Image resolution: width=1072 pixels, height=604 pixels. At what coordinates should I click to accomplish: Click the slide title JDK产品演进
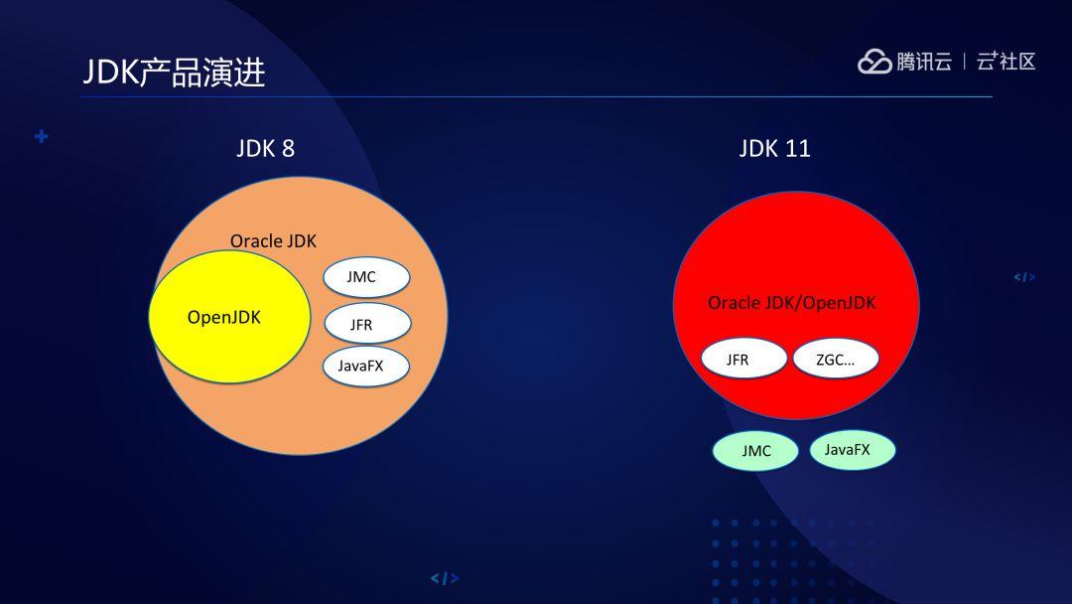tap(174, 72)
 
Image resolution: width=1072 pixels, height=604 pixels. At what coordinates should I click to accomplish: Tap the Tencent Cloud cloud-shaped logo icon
tap(874, 62)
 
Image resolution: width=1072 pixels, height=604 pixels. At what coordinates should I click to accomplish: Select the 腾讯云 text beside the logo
tap(924, 62)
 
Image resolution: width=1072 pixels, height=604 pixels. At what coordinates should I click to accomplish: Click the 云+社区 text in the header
tap(1005, 62)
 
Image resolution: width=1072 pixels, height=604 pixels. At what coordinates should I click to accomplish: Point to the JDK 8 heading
tap(265, 149)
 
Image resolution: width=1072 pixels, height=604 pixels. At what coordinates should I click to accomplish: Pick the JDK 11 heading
tap(774, 149)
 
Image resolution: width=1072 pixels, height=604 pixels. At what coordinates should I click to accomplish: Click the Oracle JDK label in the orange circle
tap(273, 240)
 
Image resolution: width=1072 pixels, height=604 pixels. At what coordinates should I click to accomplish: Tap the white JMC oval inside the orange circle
tap(366, 277)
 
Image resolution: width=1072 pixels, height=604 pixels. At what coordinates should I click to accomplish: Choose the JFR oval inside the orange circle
tap(366, 324)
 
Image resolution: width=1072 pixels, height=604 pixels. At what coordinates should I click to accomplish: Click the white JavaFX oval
tap(366, 366)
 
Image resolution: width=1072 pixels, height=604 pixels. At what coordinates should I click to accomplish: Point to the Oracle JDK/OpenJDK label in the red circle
tap(792, 303)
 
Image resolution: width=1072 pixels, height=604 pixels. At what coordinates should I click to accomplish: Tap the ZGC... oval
tap(836, 360)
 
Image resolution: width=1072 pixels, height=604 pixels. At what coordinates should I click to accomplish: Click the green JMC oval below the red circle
tap(755, 451)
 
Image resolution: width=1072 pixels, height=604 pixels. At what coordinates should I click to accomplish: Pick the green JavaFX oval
tap(852, 450)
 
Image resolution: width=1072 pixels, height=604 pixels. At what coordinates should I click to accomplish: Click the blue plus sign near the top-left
tap(41, 136)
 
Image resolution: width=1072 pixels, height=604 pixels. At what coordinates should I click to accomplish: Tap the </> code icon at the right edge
tap(1024, 277)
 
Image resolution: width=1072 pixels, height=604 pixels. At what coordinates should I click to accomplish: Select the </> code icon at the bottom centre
tap(444, 578)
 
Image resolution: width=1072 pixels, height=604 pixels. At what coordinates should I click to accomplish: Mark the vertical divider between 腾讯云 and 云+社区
tap(964, 62)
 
